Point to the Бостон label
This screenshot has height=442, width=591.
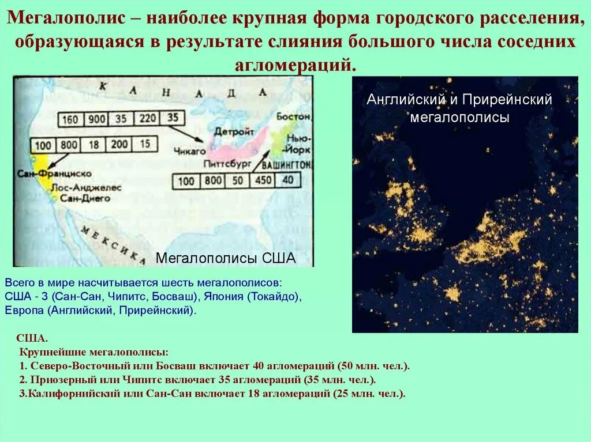[x=293, y=116]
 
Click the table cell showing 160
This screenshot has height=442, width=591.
[x=70, y=119]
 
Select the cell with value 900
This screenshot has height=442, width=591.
[x=97, y=119]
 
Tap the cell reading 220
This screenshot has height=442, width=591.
[x=148, y=119]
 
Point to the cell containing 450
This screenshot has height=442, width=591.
[x=263, y=180]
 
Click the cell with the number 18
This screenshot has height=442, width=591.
[x=95, y=145]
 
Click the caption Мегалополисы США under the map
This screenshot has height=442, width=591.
[x=226, y=258]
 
